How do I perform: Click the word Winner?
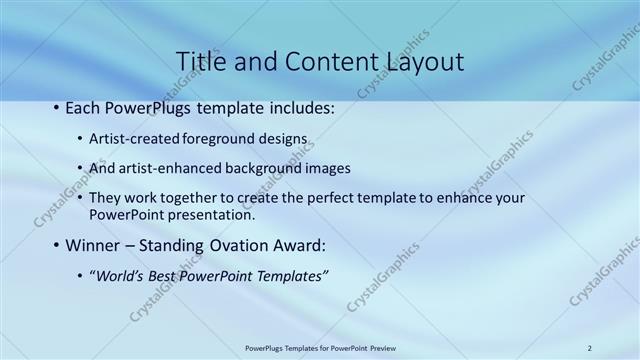pos(94,245)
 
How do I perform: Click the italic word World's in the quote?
pos(121,275)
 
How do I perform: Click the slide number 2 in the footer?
pos(590,348)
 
